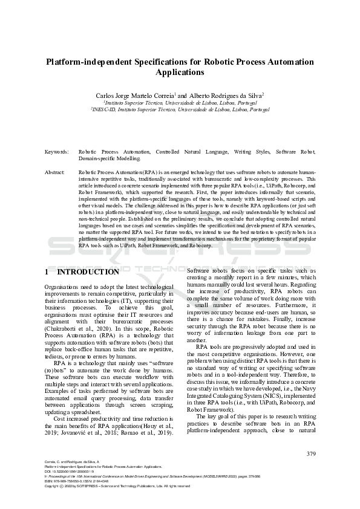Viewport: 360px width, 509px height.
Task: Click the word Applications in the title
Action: coord(180,73)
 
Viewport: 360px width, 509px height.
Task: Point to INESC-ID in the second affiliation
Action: coord(103,110)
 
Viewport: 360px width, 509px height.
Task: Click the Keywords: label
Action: coord(57,152)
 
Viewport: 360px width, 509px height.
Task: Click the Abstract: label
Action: coord(55,172)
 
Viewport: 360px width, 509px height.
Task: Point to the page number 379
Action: coord(311,454)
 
